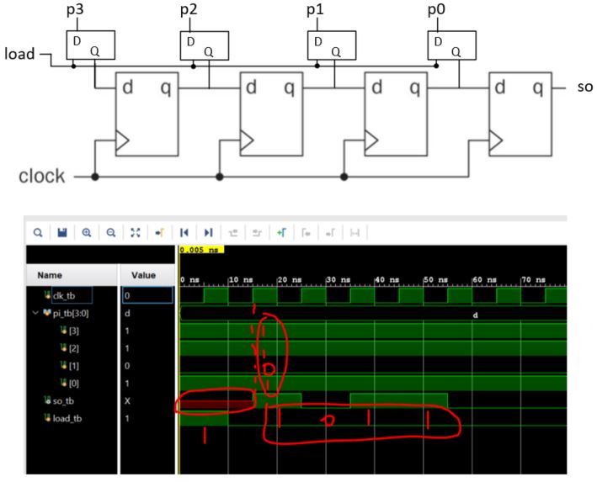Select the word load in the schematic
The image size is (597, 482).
(x=19, y=56)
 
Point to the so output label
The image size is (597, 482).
(x=585, y=87)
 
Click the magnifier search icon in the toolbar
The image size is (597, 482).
(x=38, y=231)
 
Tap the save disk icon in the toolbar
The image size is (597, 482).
(x=61, y=231)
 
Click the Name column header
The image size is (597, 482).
(x=49, y=274)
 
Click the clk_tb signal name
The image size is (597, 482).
(x=64, y=295)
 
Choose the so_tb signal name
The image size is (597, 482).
(x=61, y=400)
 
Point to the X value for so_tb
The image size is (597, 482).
(x=128, y=400)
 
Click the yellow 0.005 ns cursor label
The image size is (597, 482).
(x=200, y=250)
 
